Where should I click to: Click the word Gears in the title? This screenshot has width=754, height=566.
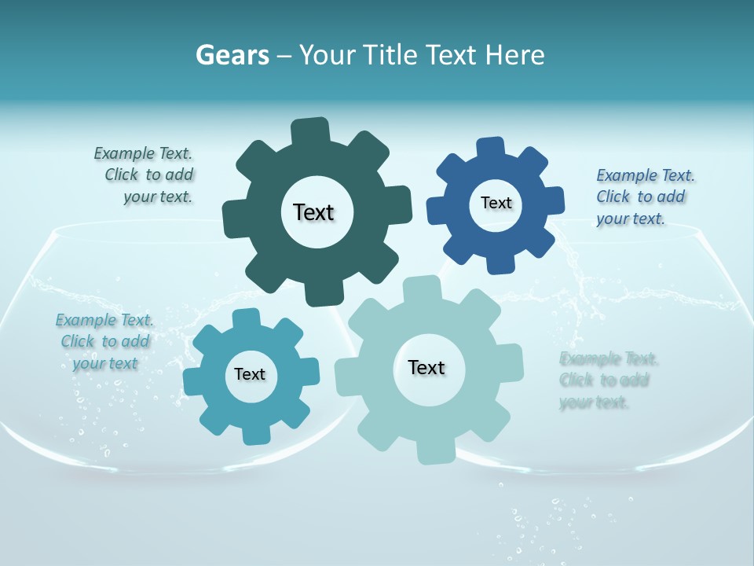coord(232,55)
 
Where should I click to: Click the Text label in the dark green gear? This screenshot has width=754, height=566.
coord(313,212)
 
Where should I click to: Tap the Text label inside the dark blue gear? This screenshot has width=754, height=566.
coord(496,203)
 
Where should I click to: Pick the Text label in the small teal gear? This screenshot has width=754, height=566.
coord(250,374)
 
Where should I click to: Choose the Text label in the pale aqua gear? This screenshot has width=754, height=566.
coord(426,367)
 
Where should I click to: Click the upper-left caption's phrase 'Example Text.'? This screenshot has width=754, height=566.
coord(143,153)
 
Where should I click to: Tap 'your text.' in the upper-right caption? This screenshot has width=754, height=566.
coord(630,219)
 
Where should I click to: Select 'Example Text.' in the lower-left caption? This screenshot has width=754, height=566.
coord(104,320)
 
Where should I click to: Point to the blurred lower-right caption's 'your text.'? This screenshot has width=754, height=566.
coord(594,402)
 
